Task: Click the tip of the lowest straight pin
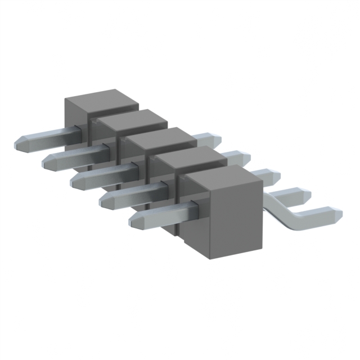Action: (x=133, y=219)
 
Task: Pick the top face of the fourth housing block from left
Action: (x=188, y=157)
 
